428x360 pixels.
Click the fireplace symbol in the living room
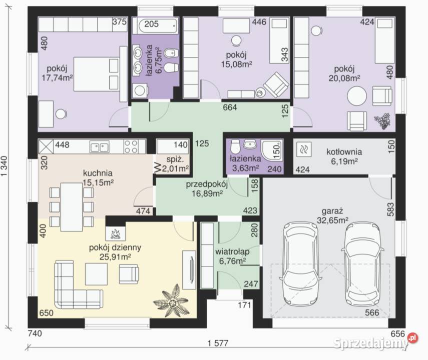(116, 233)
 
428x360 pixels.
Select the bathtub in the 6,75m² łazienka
(158, 25)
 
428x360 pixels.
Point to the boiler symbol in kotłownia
(303, 149)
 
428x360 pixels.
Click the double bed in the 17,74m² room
(97, 73)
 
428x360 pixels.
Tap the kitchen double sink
(100, 147)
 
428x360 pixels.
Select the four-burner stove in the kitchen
(131, 146)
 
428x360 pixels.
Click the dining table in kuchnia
(72, 206)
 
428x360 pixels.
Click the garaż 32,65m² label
(332, 215)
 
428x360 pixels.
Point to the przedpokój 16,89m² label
(207, 188)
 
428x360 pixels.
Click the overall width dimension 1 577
(218, 343)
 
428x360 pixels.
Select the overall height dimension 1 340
(4, 166)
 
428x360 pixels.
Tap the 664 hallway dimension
(230, 107)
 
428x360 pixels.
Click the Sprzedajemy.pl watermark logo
(375, 342)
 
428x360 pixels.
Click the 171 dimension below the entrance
(244, 304)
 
